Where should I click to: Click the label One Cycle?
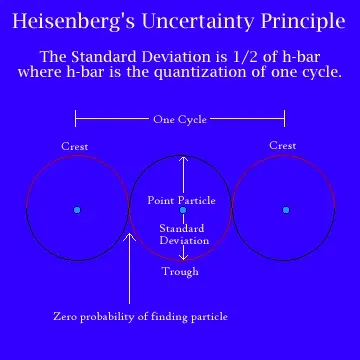(x=180, y=120)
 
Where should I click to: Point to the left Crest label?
(x=75, y=146)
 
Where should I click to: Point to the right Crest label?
(x=283, y=146)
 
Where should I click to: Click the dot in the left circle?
(x=76, y=210)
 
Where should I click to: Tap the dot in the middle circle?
(x=182, y=210)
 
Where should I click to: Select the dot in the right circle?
(x=285, y=210)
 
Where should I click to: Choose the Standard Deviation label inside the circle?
(x=182, y=234)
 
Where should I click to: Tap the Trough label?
(x=180, y=271)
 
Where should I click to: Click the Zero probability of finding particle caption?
(x=140, y=316)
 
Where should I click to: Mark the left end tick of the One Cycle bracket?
(x=76, y=120)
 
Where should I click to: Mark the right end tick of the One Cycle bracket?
(x=285, y=120)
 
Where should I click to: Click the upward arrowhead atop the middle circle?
(x=182, y=158)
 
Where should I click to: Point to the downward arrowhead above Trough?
(x=182, y=258)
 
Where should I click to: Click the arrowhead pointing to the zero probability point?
(x=129, y=237)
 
